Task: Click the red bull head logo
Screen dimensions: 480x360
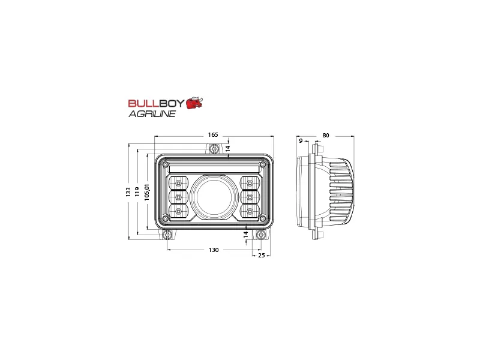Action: coord(194,103)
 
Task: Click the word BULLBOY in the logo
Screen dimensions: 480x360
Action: coord(157,103)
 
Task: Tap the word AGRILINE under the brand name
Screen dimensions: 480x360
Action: coord(152,113)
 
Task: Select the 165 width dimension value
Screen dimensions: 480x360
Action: coord(213,134)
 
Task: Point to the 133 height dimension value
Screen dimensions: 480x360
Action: coord(128,191)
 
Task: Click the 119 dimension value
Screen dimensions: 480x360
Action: coord(137,191)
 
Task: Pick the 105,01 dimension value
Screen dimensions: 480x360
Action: coord(147,192)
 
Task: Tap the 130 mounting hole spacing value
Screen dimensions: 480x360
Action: coord(214,250)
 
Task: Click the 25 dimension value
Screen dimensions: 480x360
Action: coord(261,256)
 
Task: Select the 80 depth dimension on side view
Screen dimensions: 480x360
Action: coord(326,136)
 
